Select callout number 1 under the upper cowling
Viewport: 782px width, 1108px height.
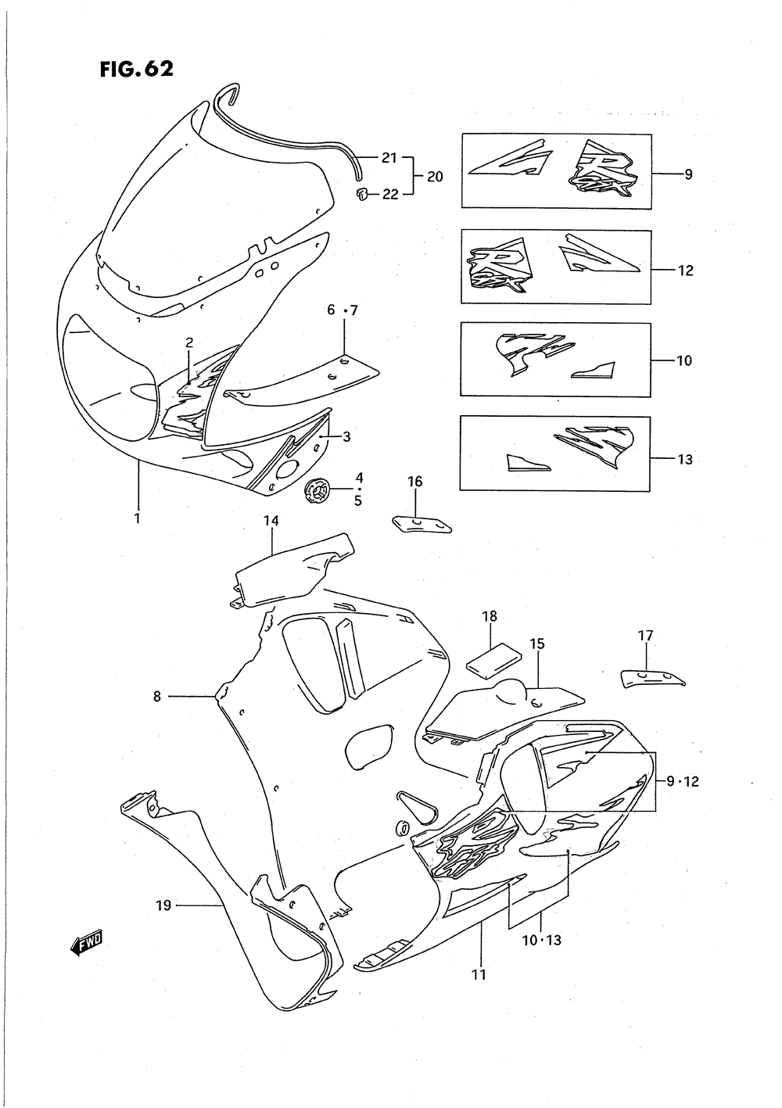(137, 518)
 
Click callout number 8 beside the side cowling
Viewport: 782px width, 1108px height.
(156, 696)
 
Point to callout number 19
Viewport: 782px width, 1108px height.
(163, 905)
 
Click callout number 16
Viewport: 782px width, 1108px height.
(414, 482)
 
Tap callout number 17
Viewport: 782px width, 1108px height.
(645, 636)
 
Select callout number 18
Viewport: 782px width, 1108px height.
(490, 616)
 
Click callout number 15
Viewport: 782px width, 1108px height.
(537, 644)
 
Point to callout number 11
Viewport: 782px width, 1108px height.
(479, 974)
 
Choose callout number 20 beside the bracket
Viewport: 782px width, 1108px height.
(434, 177)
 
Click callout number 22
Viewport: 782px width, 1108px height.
(390, 195)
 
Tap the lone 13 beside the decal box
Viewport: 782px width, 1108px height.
(684, 459)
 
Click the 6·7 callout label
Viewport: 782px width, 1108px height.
(342, 310)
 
